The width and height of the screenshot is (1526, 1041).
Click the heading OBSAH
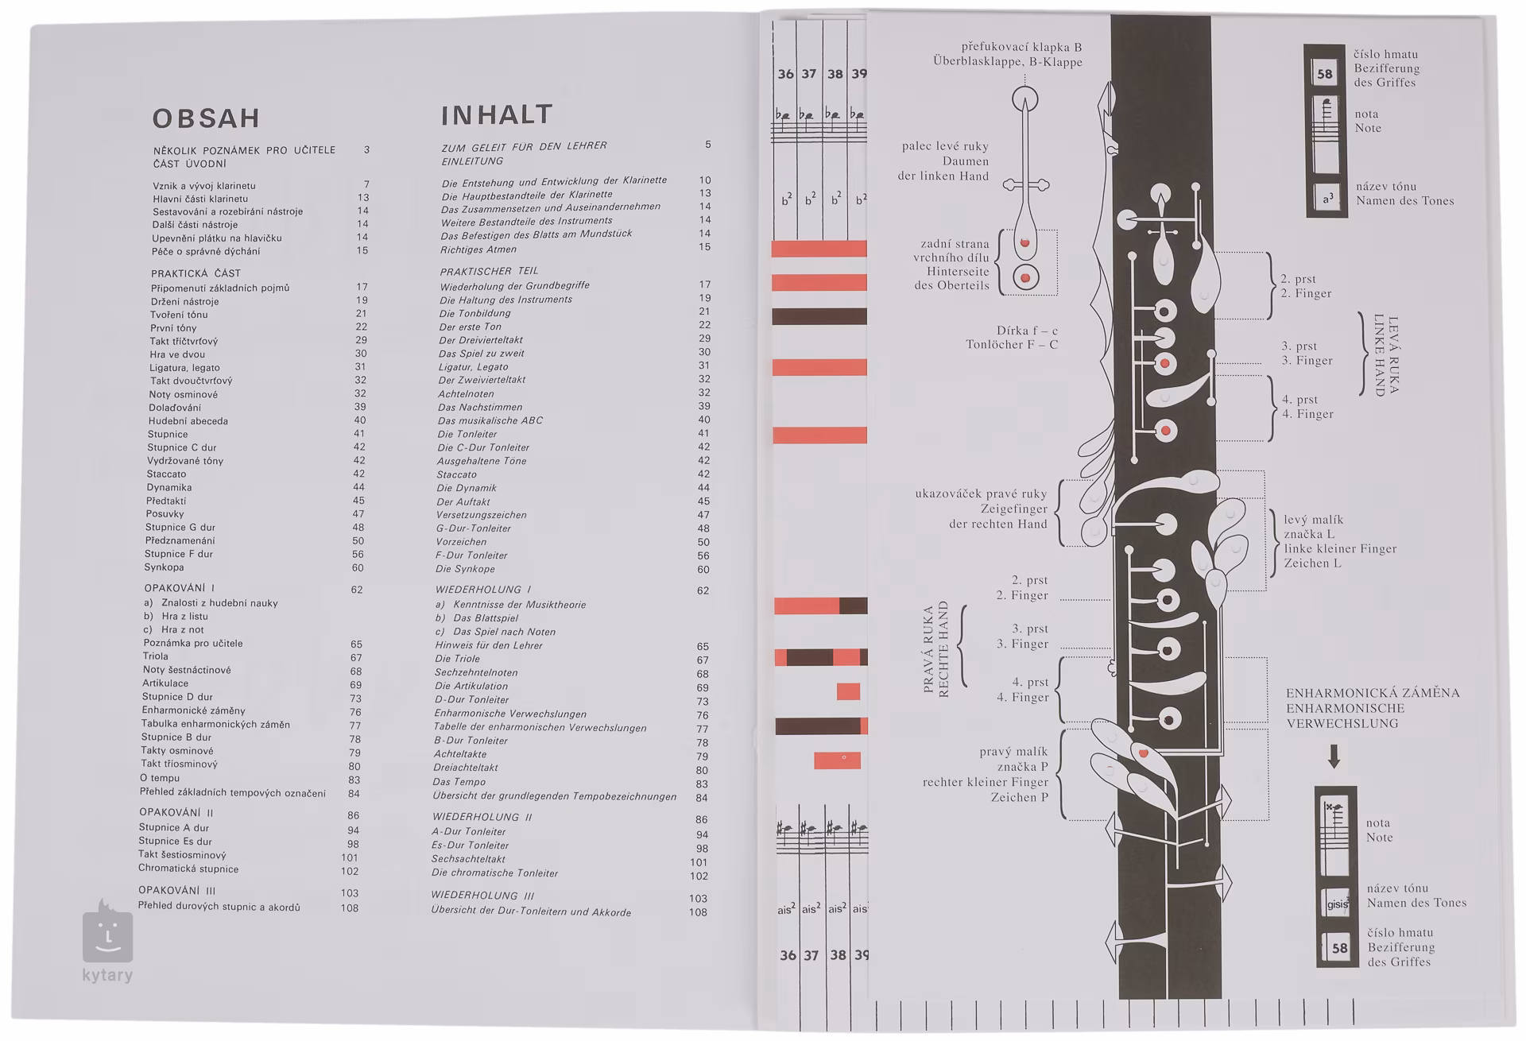[x=206, y=118]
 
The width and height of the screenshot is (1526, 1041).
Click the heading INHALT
[x=497, y=115]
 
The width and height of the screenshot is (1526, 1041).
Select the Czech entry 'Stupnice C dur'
[x=181, y=447]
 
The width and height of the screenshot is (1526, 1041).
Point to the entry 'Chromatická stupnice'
[x=188, y=869]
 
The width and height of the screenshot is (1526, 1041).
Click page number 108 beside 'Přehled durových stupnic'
[x=350, y=907]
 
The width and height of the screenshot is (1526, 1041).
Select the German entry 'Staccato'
[x=456, y=474]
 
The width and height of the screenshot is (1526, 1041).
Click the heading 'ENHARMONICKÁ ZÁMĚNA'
[x=1373, y=693]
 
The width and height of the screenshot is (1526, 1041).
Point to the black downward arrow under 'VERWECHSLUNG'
[x=1334, y=756]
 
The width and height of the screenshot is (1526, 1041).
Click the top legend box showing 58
[x=1324, y=74]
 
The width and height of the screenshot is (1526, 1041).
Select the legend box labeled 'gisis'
[x=1336, y=904]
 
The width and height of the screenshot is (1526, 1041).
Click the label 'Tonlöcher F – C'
[x=1012, y=345]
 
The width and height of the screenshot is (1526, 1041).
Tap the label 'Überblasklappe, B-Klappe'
[x=1008, y=62]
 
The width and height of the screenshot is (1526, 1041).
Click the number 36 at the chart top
[x=785, y=74]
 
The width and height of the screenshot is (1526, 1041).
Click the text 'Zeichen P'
[x=1020, y=797]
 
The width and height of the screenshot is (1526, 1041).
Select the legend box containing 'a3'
[x=1327, y=199]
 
